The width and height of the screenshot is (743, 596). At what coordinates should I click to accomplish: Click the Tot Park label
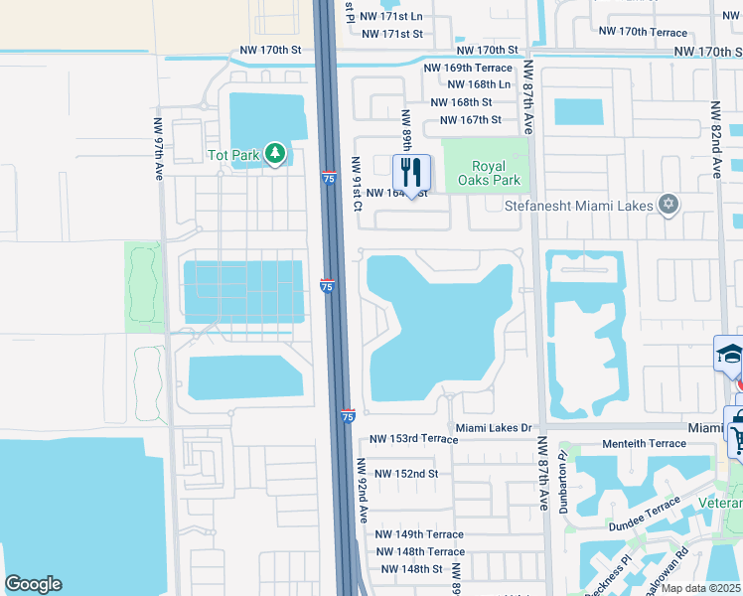[232, 155]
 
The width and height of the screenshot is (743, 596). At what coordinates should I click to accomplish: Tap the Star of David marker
[669, 205]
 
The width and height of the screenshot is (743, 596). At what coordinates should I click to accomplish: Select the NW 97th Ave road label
[158, 150]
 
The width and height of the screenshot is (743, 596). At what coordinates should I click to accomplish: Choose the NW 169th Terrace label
[468, 69]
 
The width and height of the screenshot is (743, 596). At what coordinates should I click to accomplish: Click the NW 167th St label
[468, 120]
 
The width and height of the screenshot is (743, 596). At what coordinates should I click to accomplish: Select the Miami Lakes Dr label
[496, 427]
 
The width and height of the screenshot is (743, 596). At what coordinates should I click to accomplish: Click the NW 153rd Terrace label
[413, 438]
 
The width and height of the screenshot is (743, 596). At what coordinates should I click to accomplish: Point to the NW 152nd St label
[404, 474]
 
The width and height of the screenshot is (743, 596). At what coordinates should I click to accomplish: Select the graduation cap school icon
[728, 354]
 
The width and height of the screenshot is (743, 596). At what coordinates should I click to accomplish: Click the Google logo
[33, 584]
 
